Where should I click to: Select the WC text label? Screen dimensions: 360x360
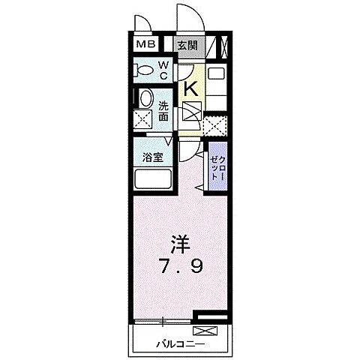click(x=163, y=70)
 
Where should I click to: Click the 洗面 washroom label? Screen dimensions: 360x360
click(x=163, y=111)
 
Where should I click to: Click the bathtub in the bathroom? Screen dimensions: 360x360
click(x=154, y=179)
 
